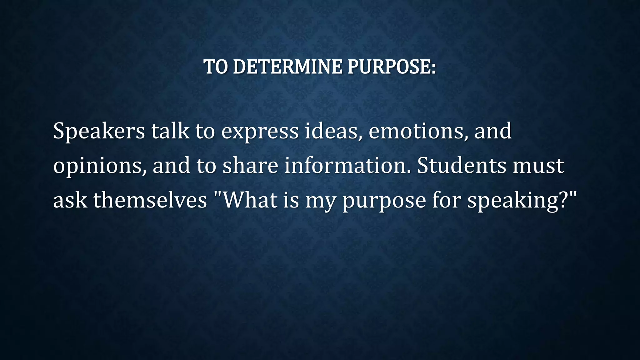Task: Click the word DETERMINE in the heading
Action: click(x=287, y=67)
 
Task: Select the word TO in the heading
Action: click(x=216, y=67)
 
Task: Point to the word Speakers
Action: click(x=99, y=131)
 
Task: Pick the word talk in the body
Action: click(x=170, y=131)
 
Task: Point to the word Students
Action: click(x=461, y=166)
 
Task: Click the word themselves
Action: click(x=150, y=200)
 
